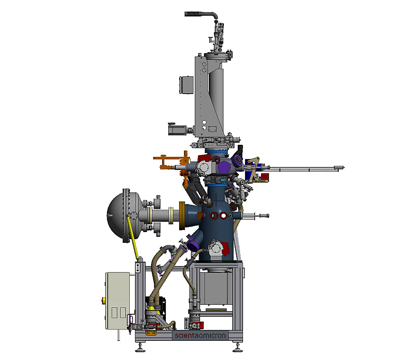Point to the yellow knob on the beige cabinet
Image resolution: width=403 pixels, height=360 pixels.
point(104,300)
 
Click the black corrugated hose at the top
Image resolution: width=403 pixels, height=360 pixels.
point(199,14)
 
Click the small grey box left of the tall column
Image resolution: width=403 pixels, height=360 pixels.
point(186,84)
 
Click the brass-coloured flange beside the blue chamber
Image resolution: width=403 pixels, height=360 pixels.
point(182,216)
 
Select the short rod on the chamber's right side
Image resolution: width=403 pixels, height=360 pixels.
point(256,216)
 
